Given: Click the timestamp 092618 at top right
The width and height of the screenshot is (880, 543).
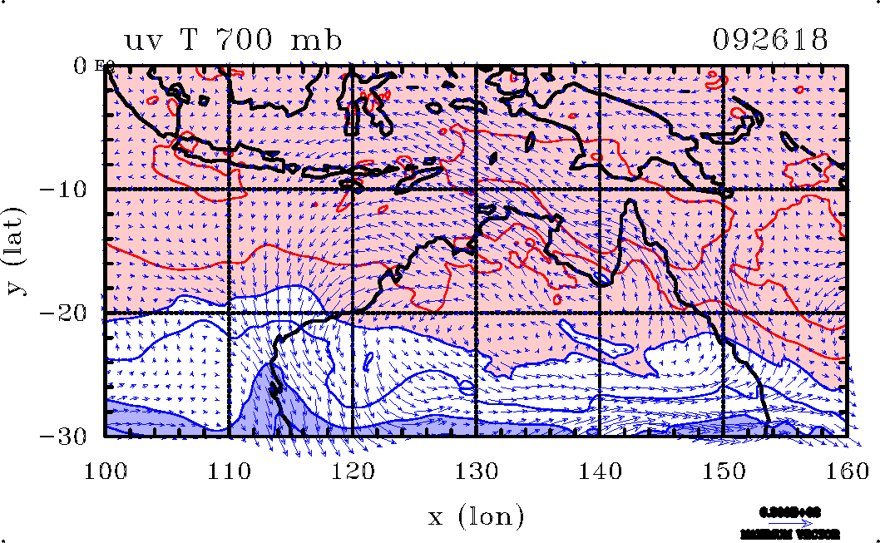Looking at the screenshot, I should click(770, 41).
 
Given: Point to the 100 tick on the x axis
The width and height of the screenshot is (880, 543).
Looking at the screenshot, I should click(106, 471).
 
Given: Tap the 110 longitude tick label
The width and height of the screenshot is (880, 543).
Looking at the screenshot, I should click(229, 471).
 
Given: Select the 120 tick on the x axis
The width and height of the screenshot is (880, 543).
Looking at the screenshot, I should click(353, 471).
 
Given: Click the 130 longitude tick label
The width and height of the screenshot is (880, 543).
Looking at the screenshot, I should click(476, 471).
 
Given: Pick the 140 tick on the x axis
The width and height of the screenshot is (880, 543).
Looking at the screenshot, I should click(600, 471).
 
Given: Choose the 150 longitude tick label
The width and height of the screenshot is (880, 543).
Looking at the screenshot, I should click(723, 471).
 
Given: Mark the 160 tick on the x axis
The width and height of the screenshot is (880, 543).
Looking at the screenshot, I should click(846, 471).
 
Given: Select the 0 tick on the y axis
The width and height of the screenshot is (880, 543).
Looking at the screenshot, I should click(82, 65).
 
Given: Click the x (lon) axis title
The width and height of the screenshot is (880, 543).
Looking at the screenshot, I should click(476, 517).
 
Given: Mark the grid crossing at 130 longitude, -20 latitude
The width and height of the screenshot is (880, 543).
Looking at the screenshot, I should click(476, 313).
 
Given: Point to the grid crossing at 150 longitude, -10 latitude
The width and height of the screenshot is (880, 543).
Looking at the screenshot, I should click(723, 189).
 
